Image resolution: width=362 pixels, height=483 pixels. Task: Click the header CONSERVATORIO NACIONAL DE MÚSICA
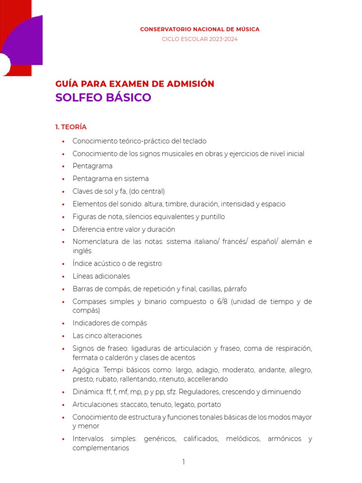click(x=199, y=29)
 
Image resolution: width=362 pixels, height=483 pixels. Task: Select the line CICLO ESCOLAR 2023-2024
click(x=199, y=39)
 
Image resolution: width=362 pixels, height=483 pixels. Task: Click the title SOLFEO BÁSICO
click(x=103, y=98)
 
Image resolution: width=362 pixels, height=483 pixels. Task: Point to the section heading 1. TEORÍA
click(x=71, y=127)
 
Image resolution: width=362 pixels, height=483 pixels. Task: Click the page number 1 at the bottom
click(x=184, y=462)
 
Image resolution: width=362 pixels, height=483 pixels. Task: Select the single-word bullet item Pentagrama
click(x=92, y=166)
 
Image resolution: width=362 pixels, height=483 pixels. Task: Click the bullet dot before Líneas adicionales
click(x=63, y=277)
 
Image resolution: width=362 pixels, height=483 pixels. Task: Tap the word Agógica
click(x=86, y=370)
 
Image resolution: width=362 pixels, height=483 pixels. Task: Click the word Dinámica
click(x=87, y=392)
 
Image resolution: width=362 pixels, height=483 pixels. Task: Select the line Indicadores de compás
click(x=109, y=323)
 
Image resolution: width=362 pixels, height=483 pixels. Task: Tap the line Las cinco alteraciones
click(x=107, y=336)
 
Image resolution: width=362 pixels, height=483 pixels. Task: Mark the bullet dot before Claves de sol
click(x=63, y=192)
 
